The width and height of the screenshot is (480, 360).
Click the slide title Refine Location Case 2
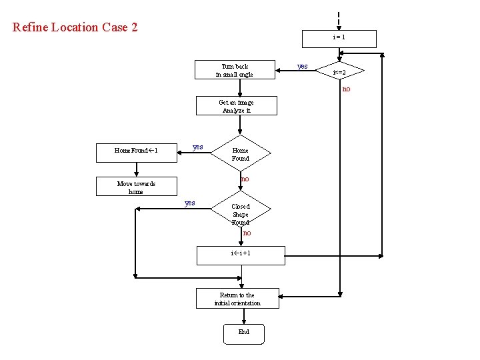click(75, 27)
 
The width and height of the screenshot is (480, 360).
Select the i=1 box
click(339, 39)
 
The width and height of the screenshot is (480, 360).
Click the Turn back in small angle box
click(235, 70)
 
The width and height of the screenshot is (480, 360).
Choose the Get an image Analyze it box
click(236, 106)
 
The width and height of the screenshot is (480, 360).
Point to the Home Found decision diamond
click(240, 155)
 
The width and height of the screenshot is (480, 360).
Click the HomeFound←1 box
click(136, 151)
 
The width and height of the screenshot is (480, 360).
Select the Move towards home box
click(136, 187)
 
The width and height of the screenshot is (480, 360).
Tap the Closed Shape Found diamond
click(240, 214)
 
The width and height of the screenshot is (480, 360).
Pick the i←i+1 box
click(240, 254)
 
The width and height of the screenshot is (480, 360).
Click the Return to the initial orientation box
click(237, 299)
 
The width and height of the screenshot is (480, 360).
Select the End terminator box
click(243, 332)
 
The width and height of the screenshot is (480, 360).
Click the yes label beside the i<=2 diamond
click(302, 66)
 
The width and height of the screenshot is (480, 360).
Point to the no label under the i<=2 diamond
click(346, 89)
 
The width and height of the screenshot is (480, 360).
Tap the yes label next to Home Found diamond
click(197, 147)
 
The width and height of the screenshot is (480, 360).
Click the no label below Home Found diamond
click(245, 179)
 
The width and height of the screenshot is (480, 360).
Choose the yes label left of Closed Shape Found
click(189, 203)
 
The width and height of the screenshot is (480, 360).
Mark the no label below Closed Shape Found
click(247, 233)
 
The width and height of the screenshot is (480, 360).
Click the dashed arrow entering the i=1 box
click(339, 19)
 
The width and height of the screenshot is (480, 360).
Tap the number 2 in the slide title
click(133, 27)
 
